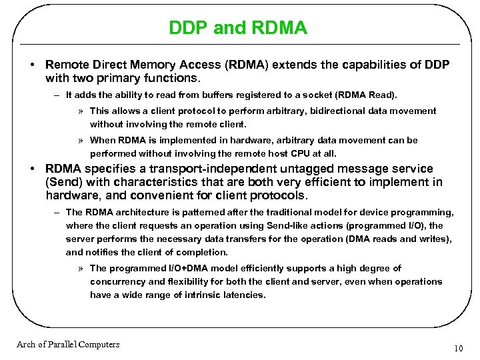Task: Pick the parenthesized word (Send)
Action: click(x=63, y=182)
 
